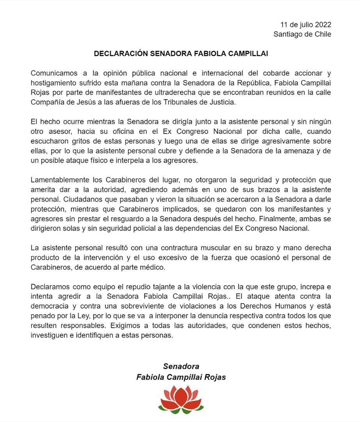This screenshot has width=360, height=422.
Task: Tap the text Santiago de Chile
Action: [x=302, y=34]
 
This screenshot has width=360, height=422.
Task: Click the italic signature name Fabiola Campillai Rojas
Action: [x=181, y=377]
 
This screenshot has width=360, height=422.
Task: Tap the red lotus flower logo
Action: [x=181, y=399]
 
